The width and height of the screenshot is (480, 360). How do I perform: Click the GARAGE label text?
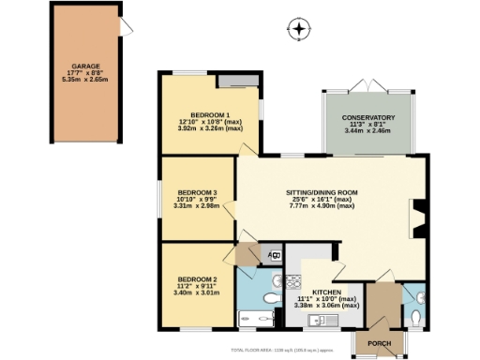84,67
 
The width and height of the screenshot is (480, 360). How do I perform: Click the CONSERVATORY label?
367,117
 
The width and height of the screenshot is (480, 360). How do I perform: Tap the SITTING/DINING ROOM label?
324,192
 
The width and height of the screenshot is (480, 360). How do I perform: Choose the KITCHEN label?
325,292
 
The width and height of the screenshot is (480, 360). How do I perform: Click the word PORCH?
379,343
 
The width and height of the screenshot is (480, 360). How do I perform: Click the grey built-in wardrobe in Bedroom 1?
232,80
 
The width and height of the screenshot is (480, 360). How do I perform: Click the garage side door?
126,27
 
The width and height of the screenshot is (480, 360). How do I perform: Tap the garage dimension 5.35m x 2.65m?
84,81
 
